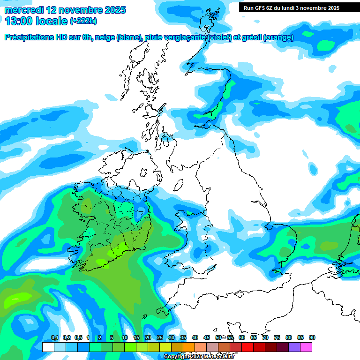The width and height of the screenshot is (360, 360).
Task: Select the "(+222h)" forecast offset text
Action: point(83,21)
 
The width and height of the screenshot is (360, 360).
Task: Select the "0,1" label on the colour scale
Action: point(54,338)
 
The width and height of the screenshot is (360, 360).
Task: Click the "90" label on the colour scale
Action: point(312,338)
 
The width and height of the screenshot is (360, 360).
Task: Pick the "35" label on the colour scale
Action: point(183,338)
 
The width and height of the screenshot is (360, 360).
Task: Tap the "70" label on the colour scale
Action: point(265,338)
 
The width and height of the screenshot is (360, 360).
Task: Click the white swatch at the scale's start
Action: point(48,347)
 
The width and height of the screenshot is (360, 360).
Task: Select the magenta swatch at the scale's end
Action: point(306,347)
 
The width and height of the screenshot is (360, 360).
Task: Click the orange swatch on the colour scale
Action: point(189,347)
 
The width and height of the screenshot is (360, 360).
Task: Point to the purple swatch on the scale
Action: point(294,347)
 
